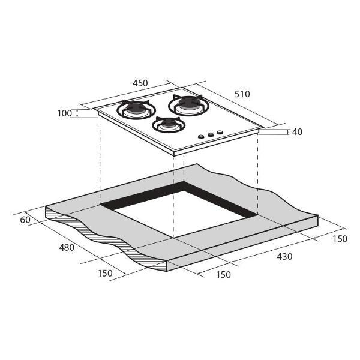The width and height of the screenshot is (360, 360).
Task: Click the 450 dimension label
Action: tap(140, 83)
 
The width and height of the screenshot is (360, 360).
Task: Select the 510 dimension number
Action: tap(242, 94)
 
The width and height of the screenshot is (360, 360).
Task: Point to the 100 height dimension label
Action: tap(65, 113)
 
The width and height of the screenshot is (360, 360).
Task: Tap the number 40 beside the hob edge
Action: tap(298, 132)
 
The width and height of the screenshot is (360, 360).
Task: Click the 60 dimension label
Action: tap(25, 220)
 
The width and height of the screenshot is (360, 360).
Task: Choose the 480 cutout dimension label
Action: tap(67, 247)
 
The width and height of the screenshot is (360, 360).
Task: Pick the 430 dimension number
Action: tap(284, 256)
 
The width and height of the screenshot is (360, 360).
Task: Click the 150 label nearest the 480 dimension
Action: tap(105, 273)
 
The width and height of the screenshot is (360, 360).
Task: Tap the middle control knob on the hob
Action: tap(211, 135)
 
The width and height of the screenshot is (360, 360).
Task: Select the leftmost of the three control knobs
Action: tap(201, 137)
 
